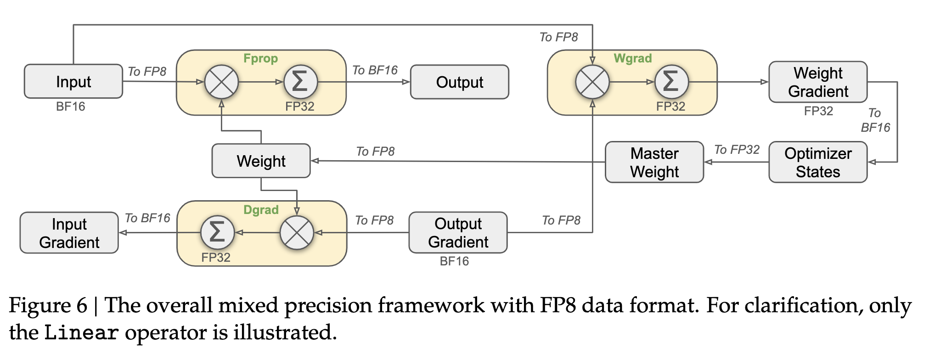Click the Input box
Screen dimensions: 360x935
pyautogui.click(x=73, y=82)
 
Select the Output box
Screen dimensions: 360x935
pyautogui.click(x=459, y=82)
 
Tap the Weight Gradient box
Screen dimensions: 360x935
pyautogui.click(x=818, y=82)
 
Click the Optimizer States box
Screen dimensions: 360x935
pyautogui.click(x=818, y=162)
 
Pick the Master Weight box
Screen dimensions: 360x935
pyautogui.click(x=654, y=162)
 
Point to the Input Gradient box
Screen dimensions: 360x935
pyautogui.click(x=69, y=233)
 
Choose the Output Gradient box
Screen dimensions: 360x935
pyautogui.click(x=458, y=233)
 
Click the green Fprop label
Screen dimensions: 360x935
pyautogui.click(x=260, y=58)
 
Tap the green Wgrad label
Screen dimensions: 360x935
pyautogui.click(x=632, y=58)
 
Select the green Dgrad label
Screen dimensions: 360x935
pyautogui.click(x=261, y=210)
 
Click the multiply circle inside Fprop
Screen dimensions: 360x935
pyautogui.click(x=221, y=82)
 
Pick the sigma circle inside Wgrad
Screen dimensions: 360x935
pyautogui.click(x=671, y=82)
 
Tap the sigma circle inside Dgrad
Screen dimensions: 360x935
pyautogui.click(x=217, y=232)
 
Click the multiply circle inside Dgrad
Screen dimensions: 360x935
pyautogui.click(x=297, y=232)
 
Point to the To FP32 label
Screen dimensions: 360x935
pyautogui.click(x=737, y=150)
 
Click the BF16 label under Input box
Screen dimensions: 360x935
pyautogui.click(x=70, y=107)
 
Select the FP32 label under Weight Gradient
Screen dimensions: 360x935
pyautogui.click(x=818, y=111)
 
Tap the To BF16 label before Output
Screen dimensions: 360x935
pyautogui.click(x=375, y=70)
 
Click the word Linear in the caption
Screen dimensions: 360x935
pyautogui.click(x=81, y=333)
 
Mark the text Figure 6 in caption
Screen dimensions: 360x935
pyautogui.click(x=48, y=306)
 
